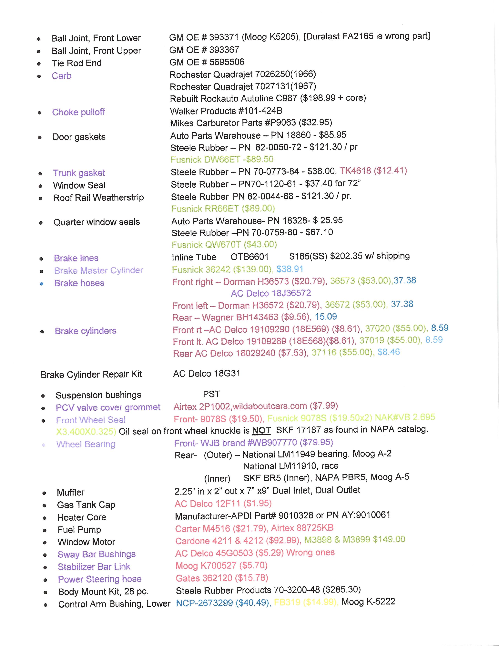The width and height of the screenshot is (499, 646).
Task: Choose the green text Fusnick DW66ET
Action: (x=205, y=160)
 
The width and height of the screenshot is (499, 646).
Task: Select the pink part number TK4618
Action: (x=355, y=171)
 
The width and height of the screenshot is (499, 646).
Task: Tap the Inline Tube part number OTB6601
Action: (x=249, y=257)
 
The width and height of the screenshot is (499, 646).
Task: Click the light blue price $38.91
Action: (x=290, y=269)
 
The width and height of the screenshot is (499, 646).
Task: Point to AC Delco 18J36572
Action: (x=271, y=293)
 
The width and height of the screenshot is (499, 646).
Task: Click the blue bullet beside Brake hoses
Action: (x=42, y=284)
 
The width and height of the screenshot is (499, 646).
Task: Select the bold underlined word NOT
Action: (x=261, y=430)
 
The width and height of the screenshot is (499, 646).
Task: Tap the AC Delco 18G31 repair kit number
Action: (x=207, y=374)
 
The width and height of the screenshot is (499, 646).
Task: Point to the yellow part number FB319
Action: (x=287, y=602)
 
